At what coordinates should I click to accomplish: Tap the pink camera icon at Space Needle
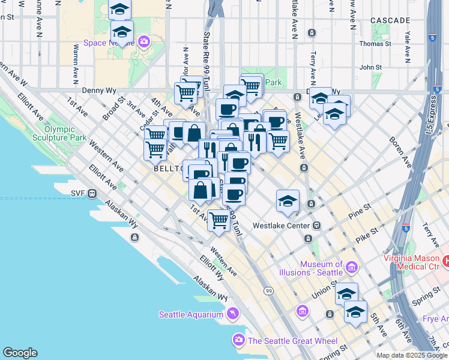pos(144,42)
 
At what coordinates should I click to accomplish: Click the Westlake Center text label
pos(281,226)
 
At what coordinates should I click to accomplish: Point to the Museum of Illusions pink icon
pos(352,266)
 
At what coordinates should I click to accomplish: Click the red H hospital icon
pos(446,261)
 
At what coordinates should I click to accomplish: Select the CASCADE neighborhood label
pos(390,20)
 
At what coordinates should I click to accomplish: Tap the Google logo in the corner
pos(20,353)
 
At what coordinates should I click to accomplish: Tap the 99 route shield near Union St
pos(269,291)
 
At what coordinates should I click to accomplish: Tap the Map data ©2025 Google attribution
pos(412,355)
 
